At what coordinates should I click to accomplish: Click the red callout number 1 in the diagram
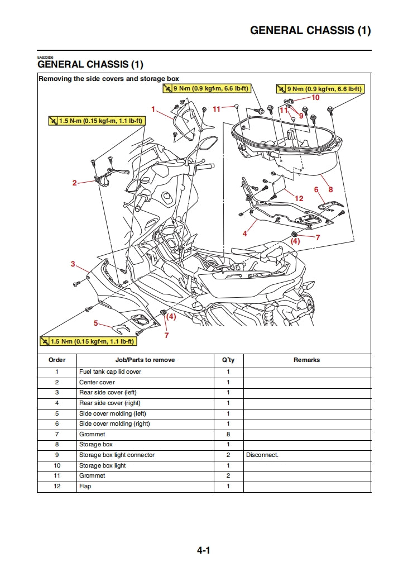[x=153, y=109]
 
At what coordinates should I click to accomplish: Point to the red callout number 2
[x=74, y=183]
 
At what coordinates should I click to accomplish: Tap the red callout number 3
[x=73, y=264]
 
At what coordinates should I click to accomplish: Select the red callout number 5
[x=96, y=323]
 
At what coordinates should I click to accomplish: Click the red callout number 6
[x=316, y=190]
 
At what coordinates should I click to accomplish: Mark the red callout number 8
[x=330, y=190]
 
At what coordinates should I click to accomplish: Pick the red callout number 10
[x=315, y=97]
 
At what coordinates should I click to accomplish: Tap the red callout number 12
[x=299, y=198]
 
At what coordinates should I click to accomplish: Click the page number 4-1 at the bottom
[x=203, y=550]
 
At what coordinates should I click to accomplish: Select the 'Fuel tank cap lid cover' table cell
[x=110, y=372]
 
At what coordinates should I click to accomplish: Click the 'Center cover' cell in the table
[x=97, y=382]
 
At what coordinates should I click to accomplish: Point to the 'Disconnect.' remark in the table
[x=262, y=455]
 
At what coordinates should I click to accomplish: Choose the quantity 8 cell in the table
[x=228, y=434]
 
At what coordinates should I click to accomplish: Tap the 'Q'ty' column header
[x=228, y=360]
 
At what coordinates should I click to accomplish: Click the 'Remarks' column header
[x=306, y=360]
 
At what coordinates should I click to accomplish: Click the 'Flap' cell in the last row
[x=85, y=487]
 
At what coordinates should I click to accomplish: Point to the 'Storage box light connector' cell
[x=117, y=455]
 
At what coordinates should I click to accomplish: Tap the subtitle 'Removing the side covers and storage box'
[x=109, y=79]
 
